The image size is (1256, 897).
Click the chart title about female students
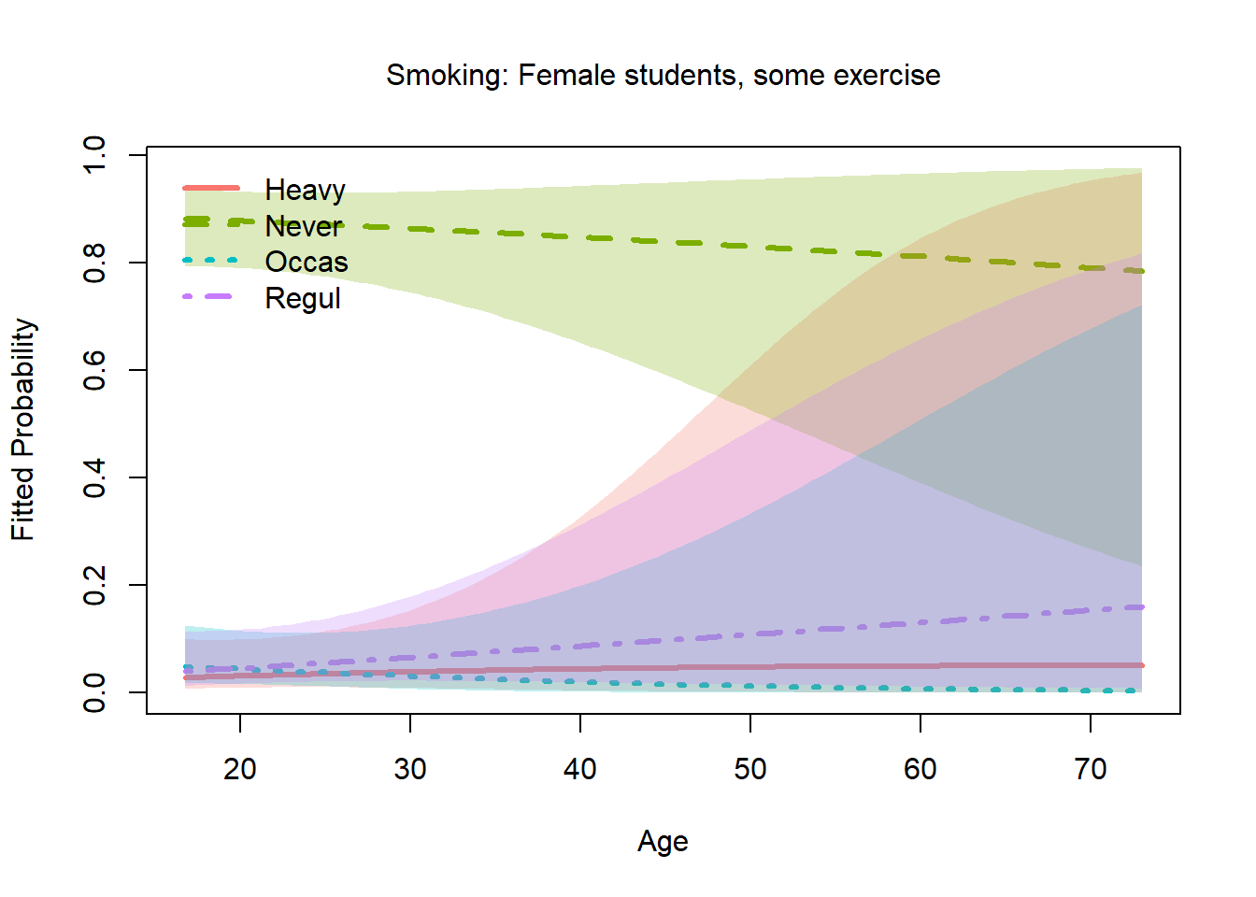click(663, 75)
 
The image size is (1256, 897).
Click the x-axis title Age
click(663, 841)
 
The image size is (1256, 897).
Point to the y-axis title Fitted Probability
click(22, 430)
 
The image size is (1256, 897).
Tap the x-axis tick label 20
click(240, 769)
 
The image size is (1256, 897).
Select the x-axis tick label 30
click(410, 769)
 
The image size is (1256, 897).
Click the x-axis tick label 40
click(580, 769)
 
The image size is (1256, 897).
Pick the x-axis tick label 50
click(750, 769)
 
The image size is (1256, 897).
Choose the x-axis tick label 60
click(921, 769)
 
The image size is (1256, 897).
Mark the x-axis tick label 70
click(1091, 769)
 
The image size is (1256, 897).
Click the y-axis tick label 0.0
click(94, 692)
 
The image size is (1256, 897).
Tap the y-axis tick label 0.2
click(94, 585)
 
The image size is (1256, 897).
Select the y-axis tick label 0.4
click(94, 477)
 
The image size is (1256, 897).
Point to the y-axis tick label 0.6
click(94, 370)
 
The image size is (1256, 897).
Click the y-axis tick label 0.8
click(94, 263)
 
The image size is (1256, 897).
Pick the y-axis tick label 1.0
click(94, 155)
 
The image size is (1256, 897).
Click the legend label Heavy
click(305, 190)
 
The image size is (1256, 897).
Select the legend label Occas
click(306, 262)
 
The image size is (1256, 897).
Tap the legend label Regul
click(303, 298)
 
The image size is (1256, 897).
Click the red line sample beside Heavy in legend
click(211, 188)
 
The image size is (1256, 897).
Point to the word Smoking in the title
click(447, 76)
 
